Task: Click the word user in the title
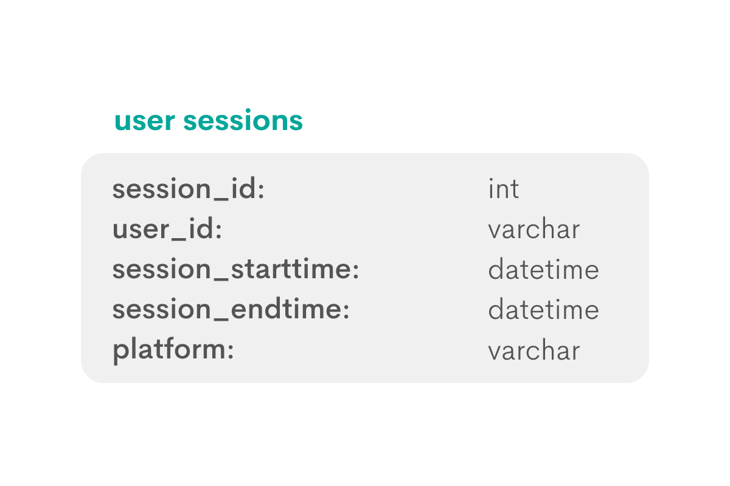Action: point(145,121)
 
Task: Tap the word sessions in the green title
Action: point(243,121)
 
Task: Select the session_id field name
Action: point(188,190)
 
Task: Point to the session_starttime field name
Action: point(235,270)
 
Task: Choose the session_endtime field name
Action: point(231,310)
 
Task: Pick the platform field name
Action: point(173,351)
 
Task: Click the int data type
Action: point(503,190)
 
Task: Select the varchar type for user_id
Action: point(534,230)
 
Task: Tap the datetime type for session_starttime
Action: point(543,270)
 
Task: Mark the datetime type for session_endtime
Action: point(543,310)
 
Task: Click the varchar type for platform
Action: point(534,351)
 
